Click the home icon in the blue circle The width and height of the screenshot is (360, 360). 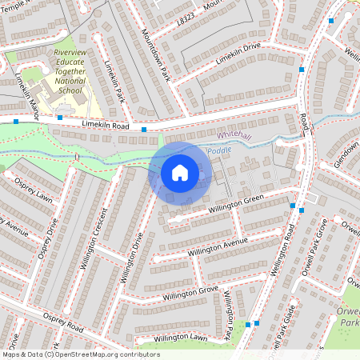point(180,172)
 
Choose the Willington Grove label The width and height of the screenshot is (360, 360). point(190,293)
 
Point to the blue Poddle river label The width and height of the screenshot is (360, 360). point(218,151)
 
